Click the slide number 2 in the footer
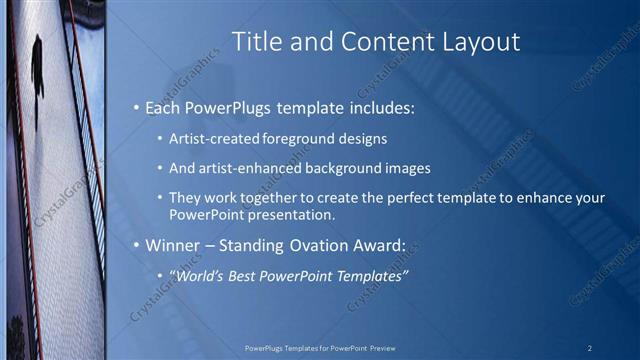(590, 348)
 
